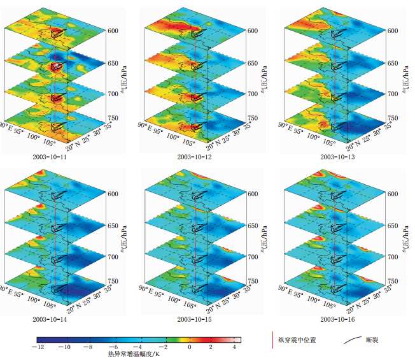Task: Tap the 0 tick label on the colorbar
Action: point(189,348)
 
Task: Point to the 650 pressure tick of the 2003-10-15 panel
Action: point(253,226)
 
